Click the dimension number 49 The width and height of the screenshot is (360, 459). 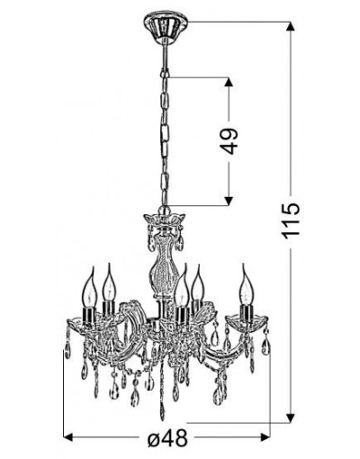(x=229, y=141)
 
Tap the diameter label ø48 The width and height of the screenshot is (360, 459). (x=167, y=439)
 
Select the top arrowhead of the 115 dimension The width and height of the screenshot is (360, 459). (x=290, y=27)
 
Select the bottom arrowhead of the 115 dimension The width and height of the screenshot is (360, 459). (x=290, y=418)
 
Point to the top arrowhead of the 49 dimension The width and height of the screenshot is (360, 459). (x=229, y=83)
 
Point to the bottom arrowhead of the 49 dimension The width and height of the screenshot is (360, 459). (x=229, y=201)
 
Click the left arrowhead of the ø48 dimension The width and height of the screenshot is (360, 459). (x=69, y=437)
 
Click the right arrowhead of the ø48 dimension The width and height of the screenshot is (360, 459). (x=265, y=437)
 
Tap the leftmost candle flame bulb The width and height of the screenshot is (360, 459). (x=90, y=287)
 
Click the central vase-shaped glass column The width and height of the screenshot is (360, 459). (x=163, y=264)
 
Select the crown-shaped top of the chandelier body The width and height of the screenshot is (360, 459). (x=165, y=220)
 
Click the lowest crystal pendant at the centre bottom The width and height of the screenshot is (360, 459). (x=162, y=410)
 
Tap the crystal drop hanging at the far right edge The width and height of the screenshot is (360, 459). (x=265, y=346)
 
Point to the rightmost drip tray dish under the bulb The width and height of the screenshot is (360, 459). (x=247, y=321)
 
